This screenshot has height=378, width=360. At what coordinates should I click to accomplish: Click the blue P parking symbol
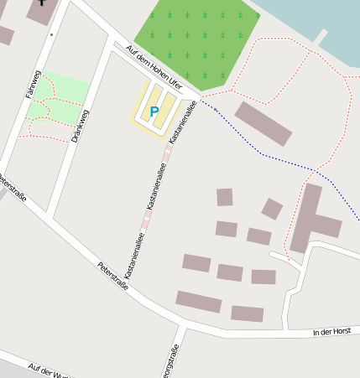pyautogui.click(x=154, y=111)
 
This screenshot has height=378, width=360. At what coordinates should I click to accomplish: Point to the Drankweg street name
pyautogui.click(x=81, y=127)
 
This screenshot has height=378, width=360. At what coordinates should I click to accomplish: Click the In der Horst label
pyautogui.click(x=330, y=333)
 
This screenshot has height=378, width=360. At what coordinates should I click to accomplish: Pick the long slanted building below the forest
pyautogui.click(x=263, y=123)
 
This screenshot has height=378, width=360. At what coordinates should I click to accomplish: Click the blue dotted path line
pyautogui.click(x=269, y=156)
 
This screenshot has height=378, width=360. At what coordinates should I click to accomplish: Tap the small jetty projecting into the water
pyautogui.click(x=321, y=37)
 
